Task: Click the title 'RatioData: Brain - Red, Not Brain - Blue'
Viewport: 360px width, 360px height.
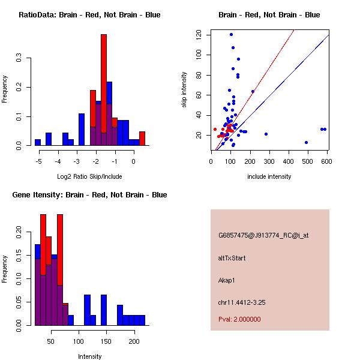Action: point(89,15)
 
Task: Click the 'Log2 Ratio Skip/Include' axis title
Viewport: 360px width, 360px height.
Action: point(89,176)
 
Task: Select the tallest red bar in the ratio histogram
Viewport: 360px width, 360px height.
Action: point(104,90)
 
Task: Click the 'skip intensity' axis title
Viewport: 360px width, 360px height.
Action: point(185,90)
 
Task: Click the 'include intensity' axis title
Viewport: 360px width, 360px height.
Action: point(269,176)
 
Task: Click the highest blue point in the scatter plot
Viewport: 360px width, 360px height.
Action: point(231,34)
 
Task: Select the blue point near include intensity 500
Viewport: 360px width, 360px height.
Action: point(306,143)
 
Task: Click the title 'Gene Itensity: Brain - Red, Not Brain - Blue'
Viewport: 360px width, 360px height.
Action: point(89,195)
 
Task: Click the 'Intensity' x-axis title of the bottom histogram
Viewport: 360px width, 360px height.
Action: point(89,356)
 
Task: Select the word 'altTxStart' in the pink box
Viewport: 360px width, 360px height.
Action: point(232,258)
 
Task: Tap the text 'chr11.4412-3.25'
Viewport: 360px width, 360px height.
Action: point(242,302)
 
